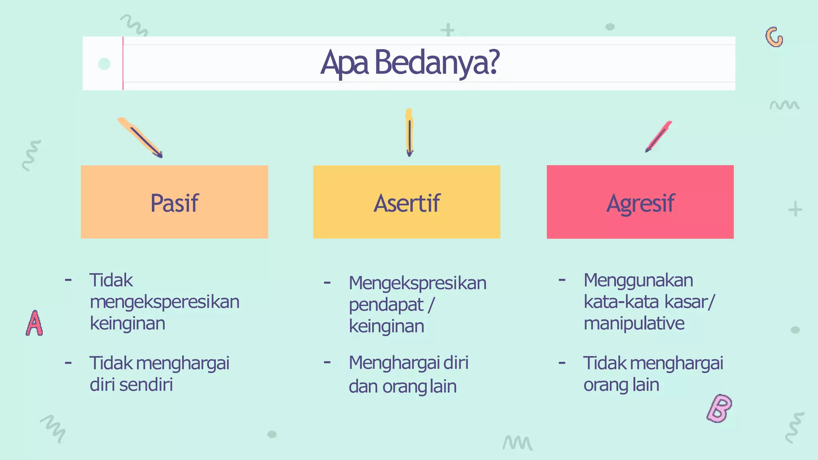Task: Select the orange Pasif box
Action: click(x=174, y=202)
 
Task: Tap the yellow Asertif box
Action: click(x=407, y=202)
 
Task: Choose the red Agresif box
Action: click(x=640, y=202)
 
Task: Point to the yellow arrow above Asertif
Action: click(x=409, y=133)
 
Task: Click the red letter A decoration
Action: click(x=34, y=323)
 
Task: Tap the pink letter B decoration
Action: click(x=719, y=408)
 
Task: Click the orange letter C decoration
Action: click(x=774, y=38)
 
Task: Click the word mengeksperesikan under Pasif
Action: click(x=164, y=302)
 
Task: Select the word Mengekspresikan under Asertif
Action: click(x=417, y=283)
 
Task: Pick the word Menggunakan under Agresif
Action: click(x=638, y=280)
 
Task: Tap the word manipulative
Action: click(x=634, y=323)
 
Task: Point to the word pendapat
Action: click(x=386, y=305)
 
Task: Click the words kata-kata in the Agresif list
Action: click(x=621, y=302)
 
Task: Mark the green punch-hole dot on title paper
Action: click(x=104, y=64)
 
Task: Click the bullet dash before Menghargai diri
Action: click(x=327, y=363)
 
